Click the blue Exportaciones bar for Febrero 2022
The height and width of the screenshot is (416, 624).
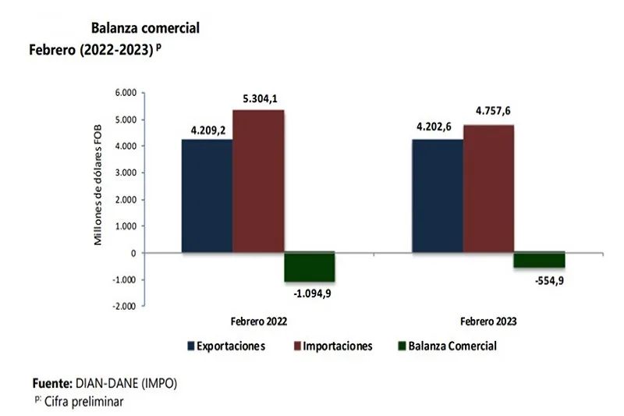pyautogui.click(x=207, y=196)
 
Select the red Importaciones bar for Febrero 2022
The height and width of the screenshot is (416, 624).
pyautogui.click(x=258, y=181)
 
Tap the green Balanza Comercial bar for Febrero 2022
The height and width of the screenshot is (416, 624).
pyautogui.click(x=309, y=267)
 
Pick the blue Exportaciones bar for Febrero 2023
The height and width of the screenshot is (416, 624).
pyautogui.click(x=437, y=196)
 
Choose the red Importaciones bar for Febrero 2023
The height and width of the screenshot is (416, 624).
pyautogui.click(x=488, y=189)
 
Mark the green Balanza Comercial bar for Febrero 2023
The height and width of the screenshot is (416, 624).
pyautogui.click(x=539, y=260)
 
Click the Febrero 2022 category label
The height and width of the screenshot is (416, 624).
pyautogui.click(x=257, y=321)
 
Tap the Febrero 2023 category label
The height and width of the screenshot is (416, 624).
pyautogui.click(x=488, y=321)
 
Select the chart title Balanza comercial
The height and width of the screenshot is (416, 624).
pyautogui.click(x=145, y=28)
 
